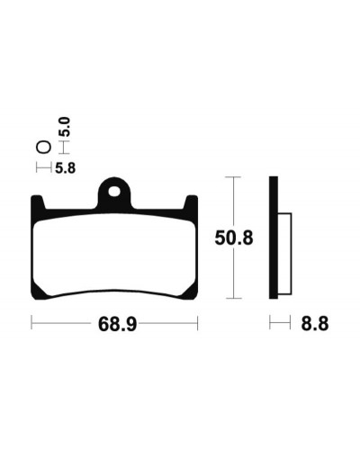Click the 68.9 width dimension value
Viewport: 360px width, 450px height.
pyautogui.click(x=117, y=324)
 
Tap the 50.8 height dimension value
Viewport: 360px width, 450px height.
pyautogui.click(x=234, y=238)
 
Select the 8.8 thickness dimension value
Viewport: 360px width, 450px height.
pyautogui.click(x=315, y=324)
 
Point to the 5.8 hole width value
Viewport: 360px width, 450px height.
pyautogui.click(x=66, y=168)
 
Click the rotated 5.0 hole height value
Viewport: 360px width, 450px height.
pyautogui.click(x=65, y=127)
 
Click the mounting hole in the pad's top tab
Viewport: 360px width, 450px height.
pyautogui.click(x=114, y=192)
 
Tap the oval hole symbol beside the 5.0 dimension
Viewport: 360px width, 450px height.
pyautogui.click(x=43, y=148)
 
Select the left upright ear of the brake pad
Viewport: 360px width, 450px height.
pyautogui.click(x=38, y=203)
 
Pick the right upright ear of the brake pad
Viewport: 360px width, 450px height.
pyautogui.click(x=191, y=203)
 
